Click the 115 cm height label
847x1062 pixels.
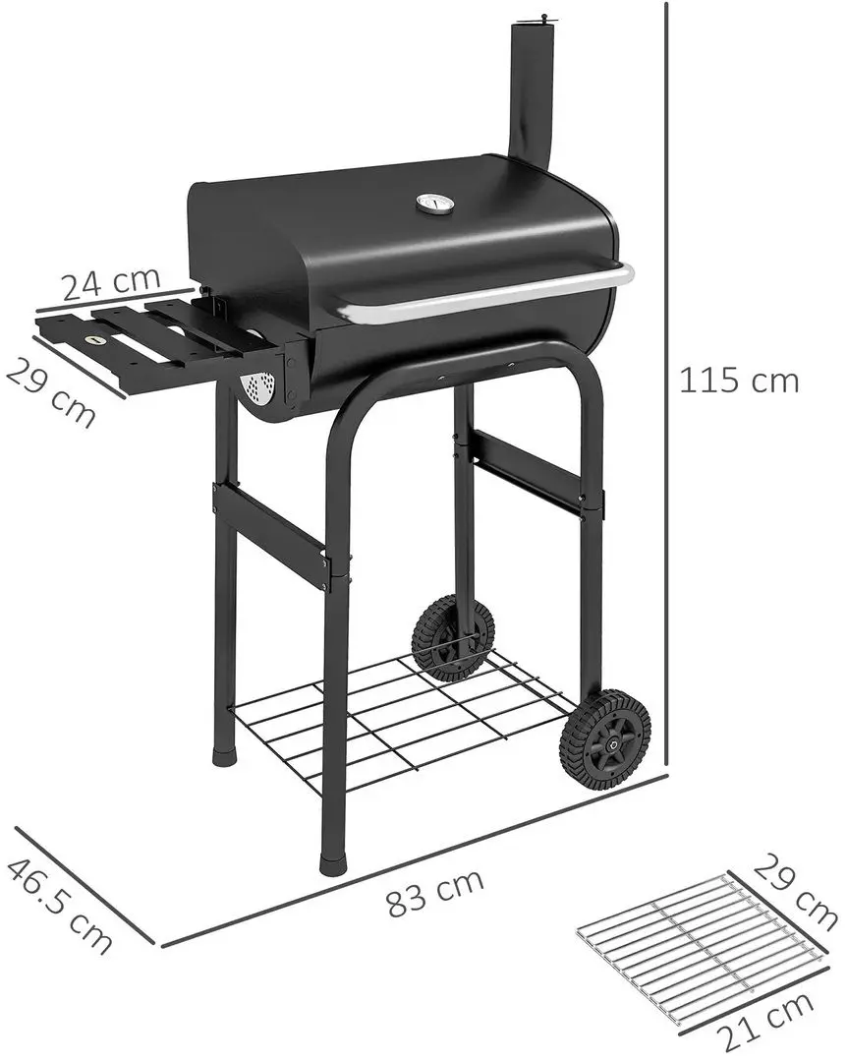coord(739,381)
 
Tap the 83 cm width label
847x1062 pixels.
coord(434,892)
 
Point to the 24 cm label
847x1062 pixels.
coord(111,284)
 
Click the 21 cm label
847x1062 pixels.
coord(764,1022)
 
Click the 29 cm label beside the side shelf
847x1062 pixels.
coord(51,391)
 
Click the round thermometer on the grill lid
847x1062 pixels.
coord(433,204)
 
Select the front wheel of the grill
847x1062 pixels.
coord(604,737)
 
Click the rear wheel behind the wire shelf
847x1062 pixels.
coord(452,637)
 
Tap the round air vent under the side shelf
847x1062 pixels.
coord(258,389)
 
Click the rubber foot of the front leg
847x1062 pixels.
coord(333,864)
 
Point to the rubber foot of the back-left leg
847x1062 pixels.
coord(225,757)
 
